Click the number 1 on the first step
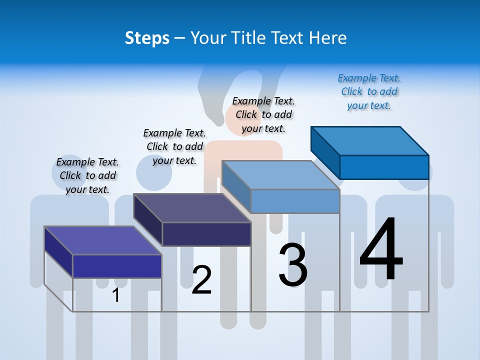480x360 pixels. coord(116,295)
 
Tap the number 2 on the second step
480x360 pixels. coord(201,280)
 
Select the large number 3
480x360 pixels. coord(293,265)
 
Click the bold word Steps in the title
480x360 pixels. coord(147,38)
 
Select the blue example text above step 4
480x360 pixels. coord(369,91)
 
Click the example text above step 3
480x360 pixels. coord(263,114)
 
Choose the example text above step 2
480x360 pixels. coord(174,146)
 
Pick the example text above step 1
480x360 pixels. coord(87,175)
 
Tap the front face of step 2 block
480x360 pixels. coord(206,234)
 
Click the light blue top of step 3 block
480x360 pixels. coord(280,175)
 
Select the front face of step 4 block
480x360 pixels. coord(384,167)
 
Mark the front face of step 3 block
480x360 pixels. coord(295,201)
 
